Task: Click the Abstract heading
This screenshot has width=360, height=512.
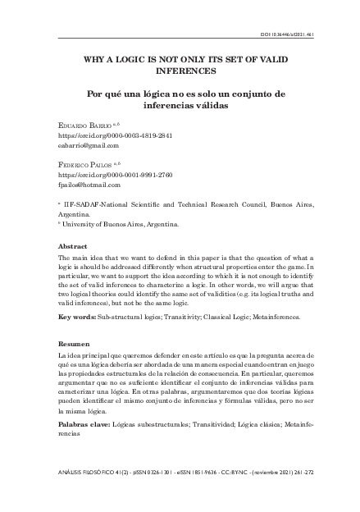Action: point(73,246)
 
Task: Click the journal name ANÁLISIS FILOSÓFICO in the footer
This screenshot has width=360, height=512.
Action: point(91,473)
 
